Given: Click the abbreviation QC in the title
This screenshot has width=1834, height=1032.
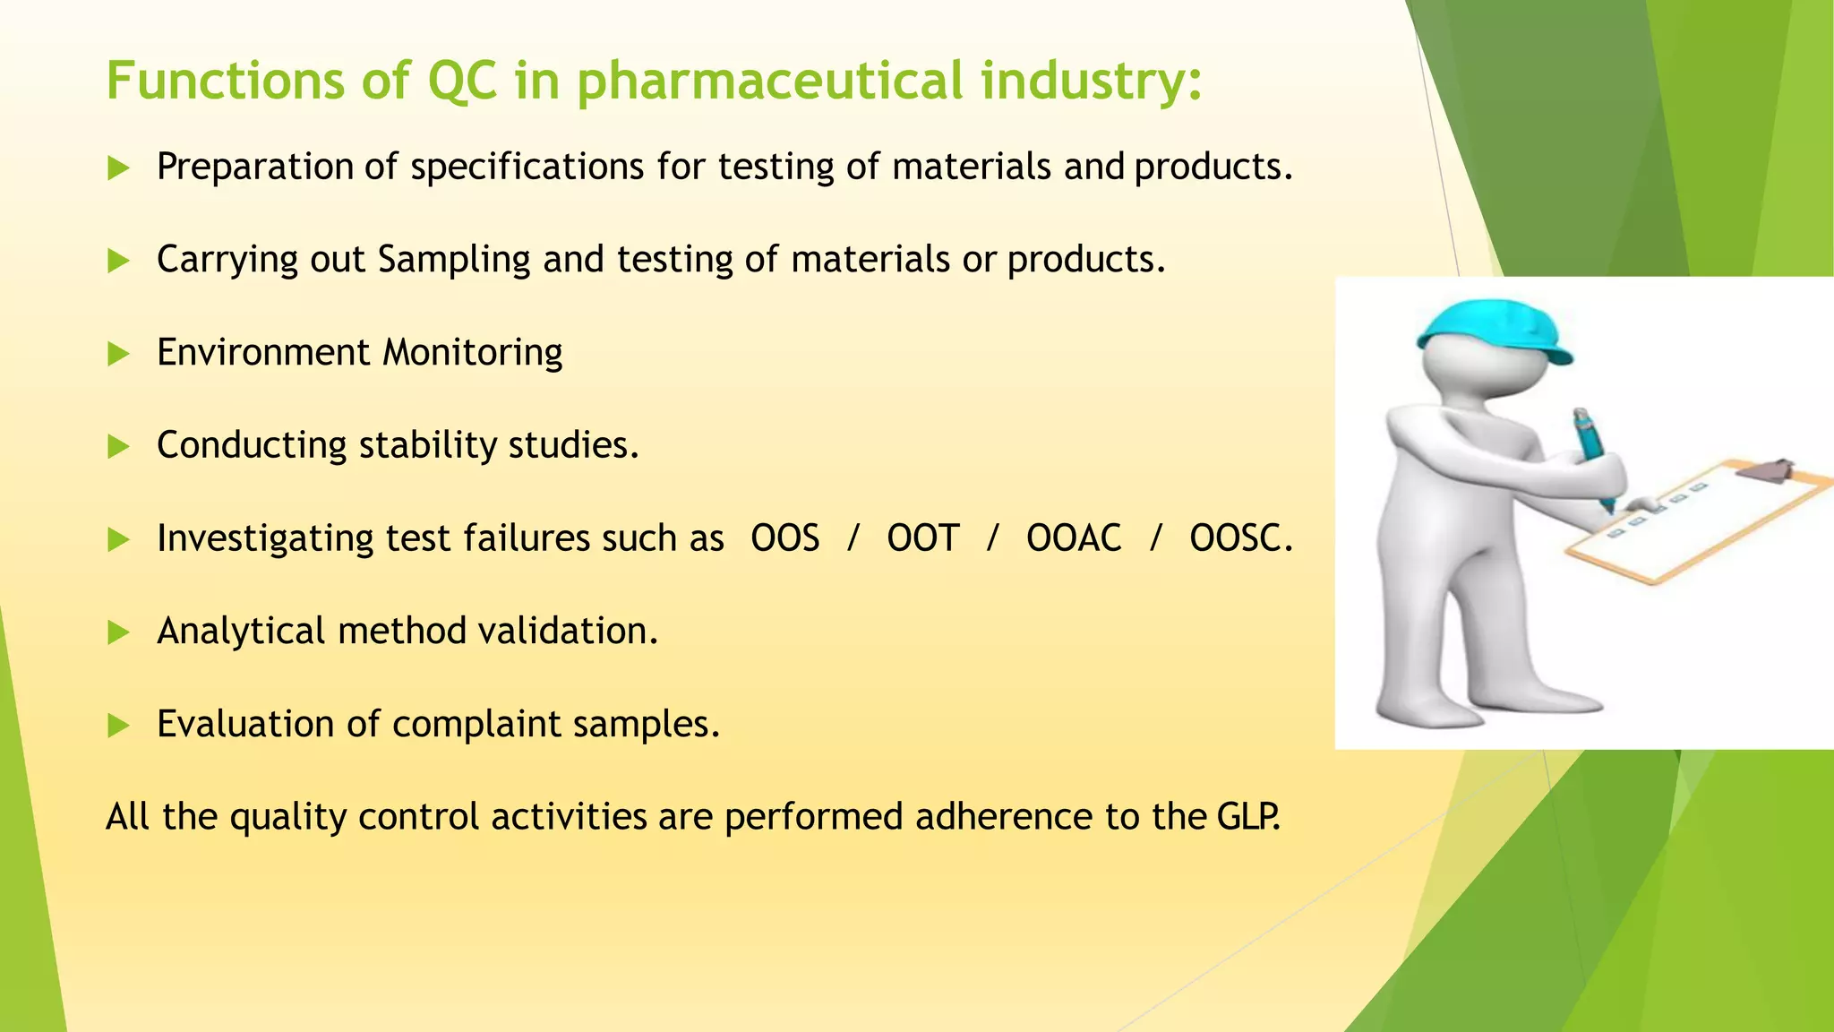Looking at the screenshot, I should point(461,81).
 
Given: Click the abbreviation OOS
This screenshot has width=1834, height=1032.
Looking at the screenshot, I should point(784,538).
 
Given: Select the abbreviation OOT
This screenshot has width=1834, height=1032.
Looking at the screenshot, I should point(922,538).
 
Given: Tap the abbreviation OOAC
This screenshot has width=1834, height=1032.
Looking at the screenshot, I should point(1073,538).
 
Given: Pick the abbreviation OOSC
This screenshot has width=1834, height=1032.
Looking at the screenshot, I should point(1240,538).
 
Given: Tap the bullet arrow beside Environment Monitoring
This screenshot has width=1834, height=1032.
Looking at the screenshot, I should point(118,354).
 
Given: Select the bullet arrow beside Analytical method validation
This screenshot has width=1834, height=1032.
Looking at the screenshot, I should point(118,633).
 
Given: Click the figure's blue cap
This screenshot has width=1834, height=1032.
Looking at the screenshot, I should point(1494,327).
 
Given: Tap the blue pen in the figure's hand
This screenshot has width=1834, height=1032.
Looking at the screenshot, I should point(1593,452).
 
